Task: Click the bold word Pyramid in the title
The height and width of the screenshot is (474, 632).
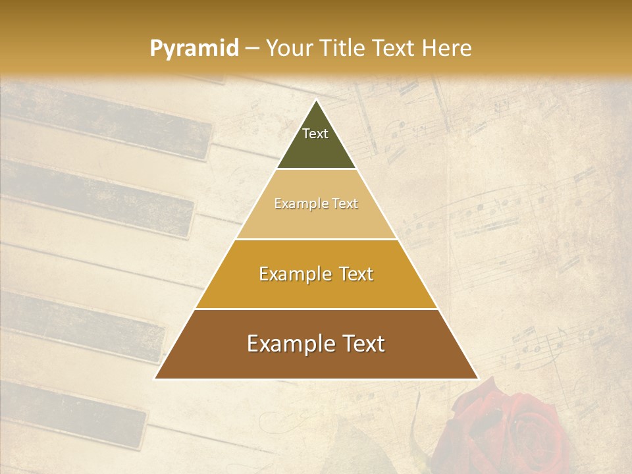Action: click(x=194, y=49)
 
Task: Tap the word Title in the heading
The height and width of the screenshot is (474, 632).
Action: click(x=343, y=48)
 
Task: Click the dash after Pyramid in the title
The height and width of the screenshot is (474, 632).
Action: click(x=252, y=49)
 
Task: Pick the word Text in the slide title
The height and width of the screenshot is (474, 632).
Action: click(x=394, y=48)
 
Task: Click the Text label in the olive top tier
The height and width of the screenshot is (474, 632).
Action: click(x=315, y=134)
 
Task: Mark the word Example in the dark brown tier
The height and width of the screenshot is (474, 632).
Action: click(x=286, y=344)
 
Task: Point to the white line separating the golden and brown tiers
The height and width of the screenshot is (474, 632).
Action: click(x=317, y=309)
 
